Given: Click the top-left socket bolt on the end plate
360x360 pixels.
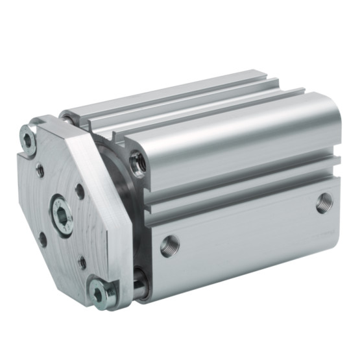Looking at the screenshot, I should pyautogui.click(x=28, y=139).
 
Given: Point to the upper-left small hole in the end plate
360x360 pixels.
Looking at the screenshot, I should pyautogui.click(x=40, y=171).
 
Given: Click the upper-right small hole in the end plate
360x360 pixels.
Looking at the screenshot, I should pyautogui.click(x=80, y=191).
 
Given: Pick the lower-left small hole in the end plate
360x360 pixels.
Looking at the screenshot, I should pyautogui.click(x=43, y=238).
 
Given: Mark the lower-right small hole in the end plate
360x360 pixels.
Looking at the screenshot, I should pyautogui.click(x=82, y=261).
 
